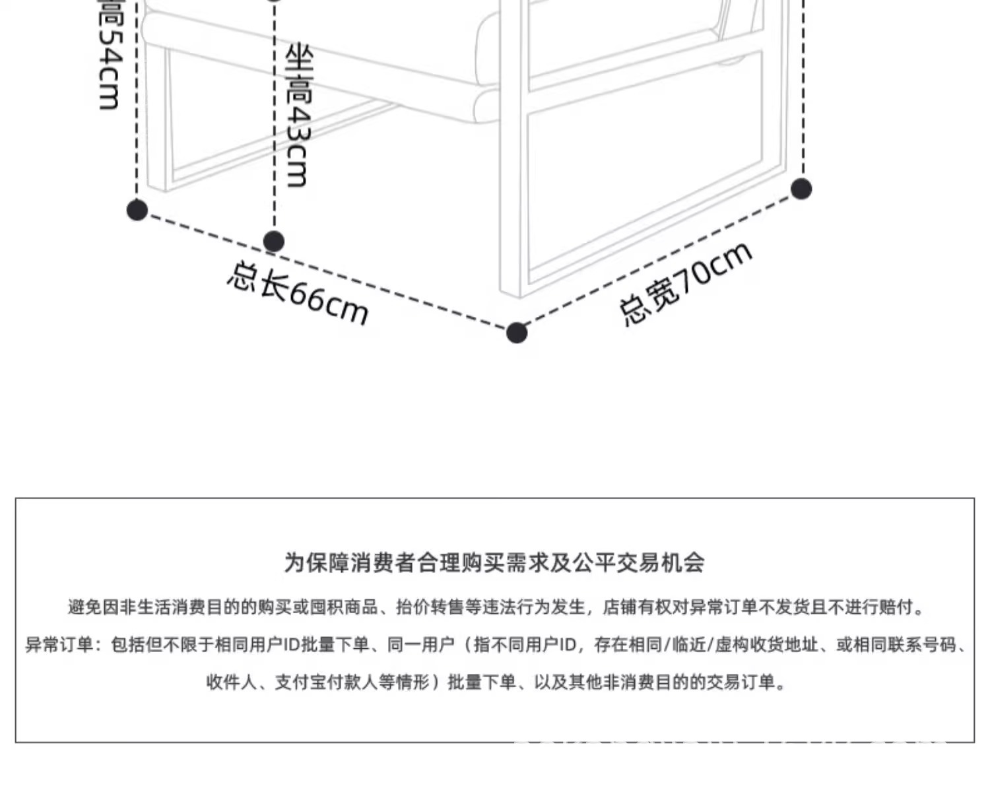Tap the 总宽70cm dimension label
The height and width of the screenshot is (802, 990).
[x=685, y=283]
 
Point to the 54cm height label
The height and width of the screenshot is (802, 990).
[x=109, y=56]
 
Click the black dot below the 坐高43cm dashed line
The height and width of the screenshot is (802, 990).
[x=274, y=242]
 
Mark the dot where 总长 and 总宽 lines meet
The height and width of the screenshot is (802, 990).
[x=517, y=333]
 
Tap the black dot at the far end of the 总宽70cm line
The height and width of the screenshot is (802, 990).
[x=801, y=189]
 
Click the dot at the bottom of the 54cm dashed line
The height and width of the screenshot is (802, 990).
[x=137, y=210]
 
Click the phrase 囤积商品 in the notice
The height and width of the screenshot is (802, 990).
[x=343, y=607]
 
